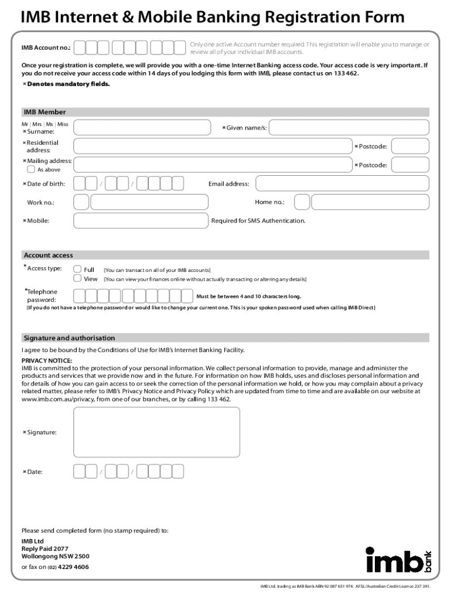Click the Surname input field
(142, 127)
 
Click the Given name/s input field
(348, 127)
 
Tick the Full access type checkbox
(77, 270)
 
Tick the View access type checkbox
(77, 279)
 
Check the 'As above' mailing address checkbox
(31, 169)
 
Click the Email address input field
(342, 183)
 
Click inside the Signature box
(156, 432)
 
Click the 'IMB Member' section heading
(45, 112)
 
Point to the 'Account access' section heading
(48, 255)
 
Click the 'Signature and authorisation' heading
(69, 338)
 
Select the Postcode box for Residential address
(410, 146)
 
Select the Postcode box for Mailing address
(410, 165)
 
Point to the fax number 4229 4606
(73, 567)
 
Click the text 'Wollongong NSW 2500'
(55, 556)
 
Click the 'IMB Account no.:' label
(46, 47)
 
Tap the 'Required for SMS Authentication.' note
(258, 220)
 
